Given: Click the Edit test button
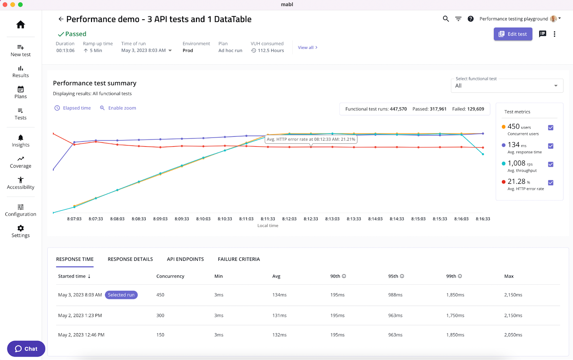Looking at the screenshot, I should (x=513, y=34).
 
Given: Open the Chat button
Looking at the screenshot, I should (x=26, y=349).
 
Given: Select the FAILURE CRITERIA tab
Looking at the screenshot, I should (x=239, y=259).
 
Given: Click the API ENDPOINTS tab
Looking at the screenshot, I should (x=185, y=259).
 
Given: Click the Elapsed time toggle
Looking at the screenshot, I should (x=73, y=108).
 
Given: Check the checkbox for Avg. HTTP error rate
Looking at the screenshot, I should (x=550, y=183).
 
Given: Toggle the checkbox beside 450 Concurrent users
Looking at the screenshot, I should (x=550, y=128).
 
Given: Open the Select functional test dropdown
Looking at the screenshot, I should (x=507, y=86).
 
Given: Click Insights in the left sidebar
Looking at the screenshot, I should (x=21, y=141).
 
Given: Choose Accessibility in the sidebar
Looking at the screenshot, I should (x=21, y=183).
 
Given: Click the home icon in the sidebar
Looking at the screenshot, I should (x=21, y=24).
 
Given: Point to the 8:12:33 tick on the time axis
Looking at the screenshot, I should (x=310, y=219).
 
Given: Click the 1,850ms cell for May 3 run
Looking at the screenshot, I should (x=455, y=295).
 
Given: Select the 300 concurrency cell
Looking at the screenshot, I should (x=160, y=316).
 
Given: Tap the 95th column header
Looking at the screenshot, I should (x=393, y=276).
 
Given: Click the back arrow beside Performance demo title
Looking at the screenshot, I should (x=61, y=19).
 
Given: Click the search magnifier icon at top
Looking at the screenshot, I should (x=446, y=19).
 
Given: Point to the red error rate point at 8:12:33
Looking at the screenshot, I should (x=311, y=147).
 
